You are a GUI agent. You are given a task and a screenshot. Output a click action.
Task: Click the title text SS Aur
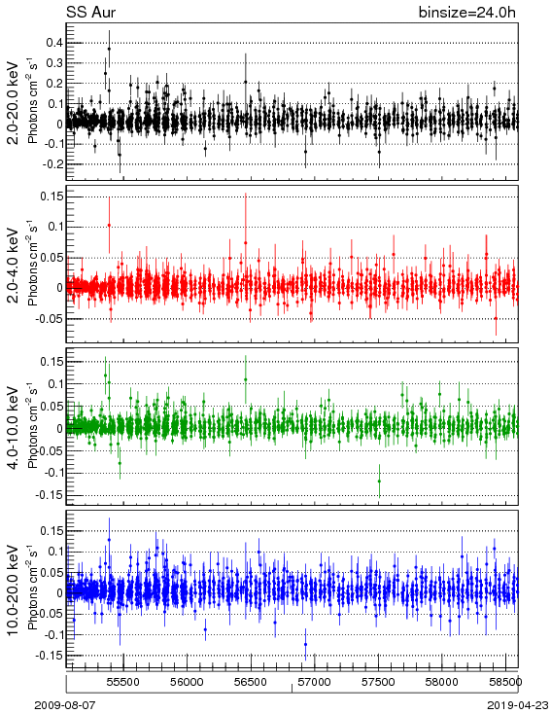(91, 12)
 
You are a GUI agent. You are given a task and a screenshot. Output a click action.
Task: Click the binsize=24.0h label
(467, 13)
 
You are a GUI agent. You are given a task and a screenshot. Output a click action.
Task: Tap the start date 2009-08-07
(65, 705)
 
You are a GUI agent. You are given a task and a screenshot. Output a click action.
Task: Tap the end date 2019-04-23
(518, 705)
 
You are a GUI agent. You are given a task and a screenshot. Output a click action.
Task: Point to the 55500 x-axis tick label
(123, 682)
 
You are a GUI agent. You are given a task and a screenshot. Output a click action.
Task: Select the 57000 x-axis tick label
(315, 682)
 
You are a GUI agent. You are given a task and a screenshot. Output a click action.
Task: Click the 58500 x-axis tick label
(505, 682)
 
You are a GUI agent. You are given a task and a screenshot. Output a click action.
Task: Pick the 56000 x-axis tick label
(187, 682)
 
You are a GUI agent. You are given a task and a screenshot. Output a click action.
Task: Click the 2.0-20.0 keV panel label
(14, 102)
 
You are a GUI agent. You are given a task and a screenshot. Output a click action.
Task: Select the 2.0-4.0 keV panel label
(14, 265)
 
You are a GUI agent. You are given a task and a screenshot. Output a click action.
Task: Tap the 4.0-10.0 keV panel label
(14, 428)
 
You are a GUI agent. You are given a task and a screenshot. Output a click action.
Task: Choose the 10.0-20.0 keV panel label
(14, 590)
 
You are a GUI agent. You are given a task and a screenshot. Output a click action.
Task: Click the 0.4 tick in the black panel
(54, 43)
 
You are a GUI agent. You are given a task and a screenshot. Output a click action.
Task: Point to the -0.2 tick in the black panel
(52, 164)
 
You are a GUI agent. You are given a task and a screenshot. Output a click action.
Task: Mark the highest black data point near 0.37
(109, 49)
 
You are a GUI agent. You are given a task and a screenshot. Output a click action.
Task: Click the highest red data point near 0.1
(109, 225)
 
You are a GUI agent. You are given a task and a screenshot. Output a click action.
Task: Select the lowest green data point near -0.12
(379, 482)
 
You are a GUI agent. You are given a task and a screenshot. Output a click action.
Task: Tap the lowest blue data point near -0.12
(305, 644)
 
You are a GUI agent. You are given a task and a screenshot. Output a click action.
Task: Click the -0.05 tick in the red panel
(51, 318)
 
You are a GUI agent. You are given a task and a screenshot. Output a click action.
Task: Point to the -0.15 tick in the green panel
(51, 495)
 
